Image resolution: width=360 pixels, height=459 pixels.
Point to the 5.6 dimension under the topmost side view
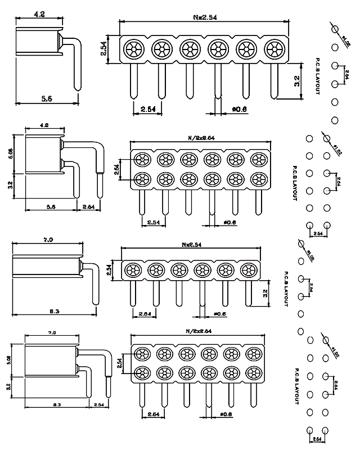[47, 98]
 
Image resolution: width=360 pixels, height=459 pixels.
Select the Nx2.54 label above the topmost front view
[205, 17]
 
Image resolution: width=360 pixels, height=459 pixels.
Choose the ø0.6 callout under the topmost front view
[239, 109]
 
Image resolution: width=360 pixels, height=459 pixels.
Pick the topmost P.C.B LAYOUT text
[318, 76]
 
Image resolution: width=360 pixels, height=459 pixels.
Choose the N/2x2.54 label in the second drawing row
[201, 137]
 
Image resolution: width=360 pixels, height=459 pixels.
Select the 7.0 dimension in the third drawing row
[48, 240]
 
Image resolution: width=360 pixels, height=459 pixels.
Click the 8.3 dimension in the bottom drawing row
[54, 404]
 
